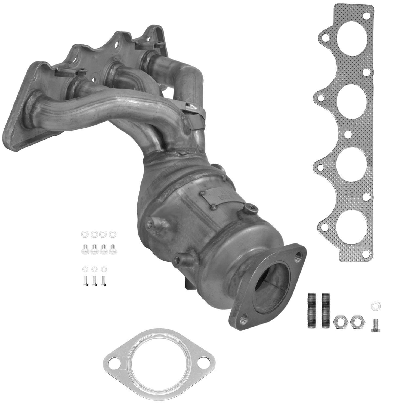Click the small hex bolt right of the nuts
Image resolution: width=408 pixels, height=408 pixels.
pos(376,326)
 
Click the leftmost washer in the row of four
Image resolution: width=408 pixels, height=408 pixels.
pos(85,234)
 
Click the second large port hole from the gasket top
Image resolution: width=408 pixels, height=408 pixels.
pos(353,101)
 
